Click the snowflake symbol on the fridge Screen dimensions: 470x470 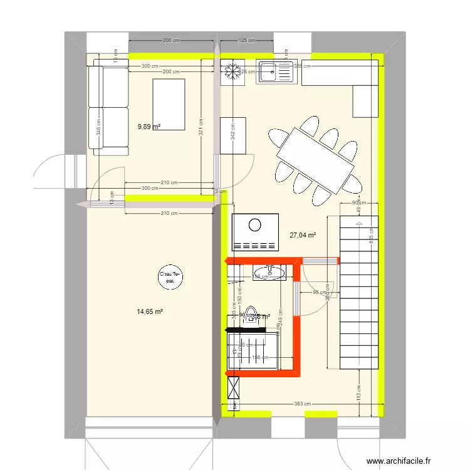[231, 72]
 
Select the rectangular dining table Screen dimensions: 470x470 [316, 160]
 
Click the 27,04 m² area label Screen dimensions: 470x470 [302, 236]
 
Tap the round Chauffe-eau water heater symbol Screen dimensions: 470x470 [169, 277]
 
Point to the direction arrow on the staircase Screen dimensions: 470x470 [358, 220]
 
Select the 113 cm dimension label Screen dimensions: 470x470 [358, 392]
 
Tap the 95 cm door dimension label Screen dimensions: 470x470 [320, 292]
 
